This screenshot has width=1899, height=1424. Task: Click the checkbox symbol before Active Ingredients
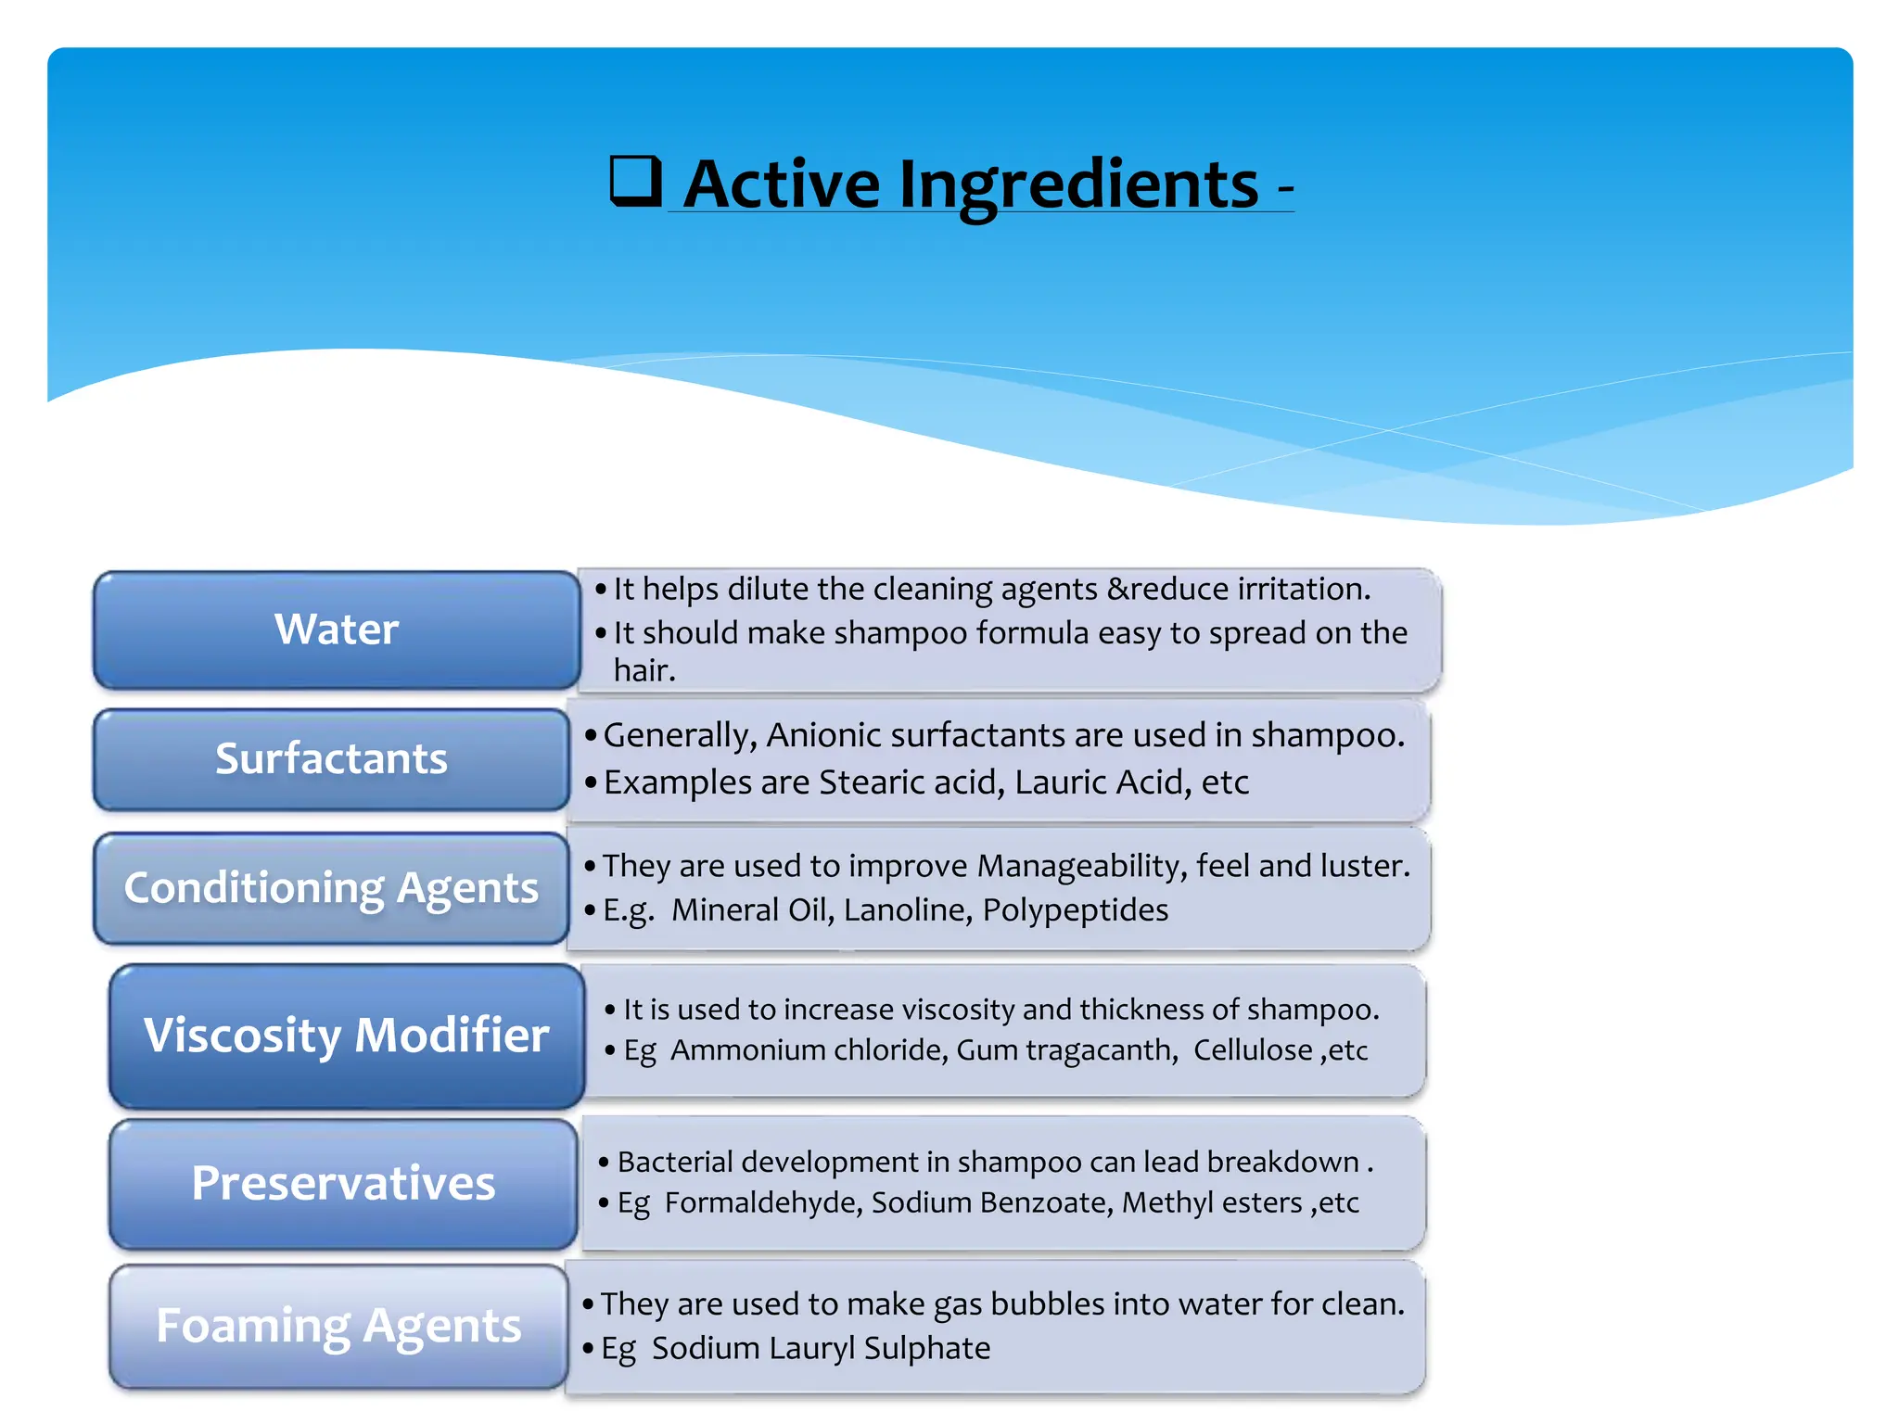coord(635,181)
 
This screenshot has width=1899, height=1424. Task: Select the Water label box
coord(337,629)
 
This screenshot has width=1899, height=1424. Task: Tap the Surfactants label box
coord(331,758)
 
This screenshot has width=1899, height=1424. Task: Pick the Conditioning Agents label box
coord(331,887)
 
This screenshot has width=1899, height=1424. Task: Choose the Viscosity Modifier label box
coord(346,1035)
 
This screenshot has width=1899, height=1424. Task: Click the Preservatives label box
coord(343,1183)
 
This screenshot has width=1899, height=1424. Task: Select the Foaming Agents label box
coord(338,1325)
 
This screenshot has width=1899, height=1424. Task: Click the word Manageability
coord(1081,866)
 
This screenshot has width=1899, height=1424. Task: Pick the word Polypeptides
coord(1075,910)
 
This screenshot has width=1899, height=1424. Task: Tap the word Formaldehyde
coord(763,1202)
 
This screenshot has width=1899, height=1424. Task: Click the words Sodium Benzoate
coord(991,1202)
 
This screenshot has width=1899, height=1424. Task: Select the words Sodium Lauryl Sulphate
coord(821,1348)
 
